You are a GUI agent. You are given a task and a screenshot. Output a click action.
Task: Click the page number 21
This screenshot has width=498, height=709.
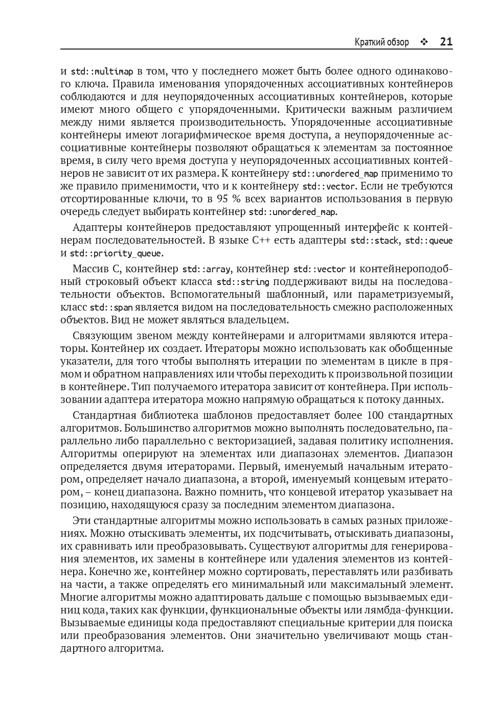(446, 42)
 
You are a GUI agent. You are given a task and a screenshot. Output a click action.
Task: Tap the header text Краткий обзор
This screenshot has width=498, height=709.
(381, 42)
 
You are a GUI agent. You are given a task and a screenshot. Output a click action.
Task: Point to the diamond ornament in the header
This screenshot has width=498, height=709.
(423, 42)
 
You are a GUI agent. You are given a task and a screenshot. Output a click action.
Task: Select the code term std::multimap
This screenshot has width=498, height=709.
(102, 72)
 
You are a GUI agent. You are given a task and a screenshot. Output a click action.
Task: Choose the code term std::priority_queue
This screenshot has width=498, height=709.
(116, 253)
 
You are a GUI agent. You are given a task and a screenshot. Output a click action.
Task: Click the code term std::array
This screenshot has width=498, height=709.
(207, 269)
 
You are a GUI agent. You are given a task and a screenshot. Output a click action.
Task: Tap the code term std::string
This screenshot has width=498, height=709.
(243, 282)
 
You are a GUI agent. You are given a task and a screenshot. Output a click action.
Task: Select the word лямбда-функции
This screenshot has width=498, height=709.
(415, 610)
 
